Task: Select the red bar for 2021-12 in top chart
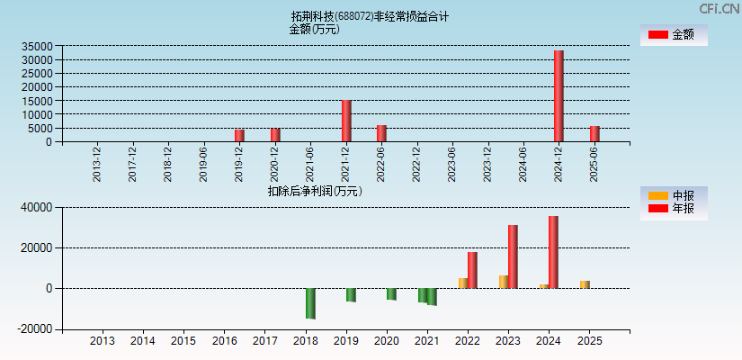[x=346, y=121]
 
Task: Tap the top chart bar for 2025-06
[x=594, y=133]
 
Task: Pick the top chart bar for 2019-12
[x=239, y=135]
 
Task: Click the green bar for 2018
[x=310, y=303]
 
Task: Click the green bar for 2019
[x=351, y=294]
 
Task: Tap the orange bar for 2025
[x=585, y=284]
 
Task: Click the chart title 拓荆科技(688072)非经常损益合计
[x=370, y=16]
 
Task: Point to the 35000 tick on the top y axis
[x=38, y=46]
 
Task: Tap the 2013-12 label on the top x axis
[x=97, y=163]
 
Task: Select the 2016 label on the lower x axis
[x=224, y=342]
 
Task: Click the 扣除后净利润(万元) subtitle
[x=314, y=191]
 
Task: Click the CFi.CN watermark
[x=720, y=8]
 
